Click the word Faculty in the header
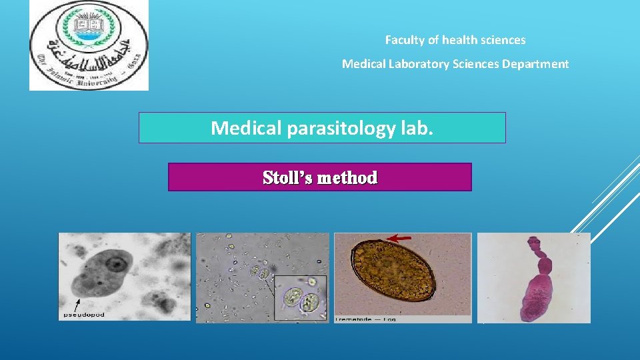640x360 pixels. (x=404, y=40)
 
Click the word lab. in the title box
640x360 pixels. (x=416, y=128)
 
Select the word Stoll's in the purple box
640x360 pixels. (x=288, y=178)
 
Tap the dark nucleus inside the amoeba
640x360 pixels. (x=118, y=264)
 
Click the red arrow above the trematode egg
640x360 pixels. (x=400, y=237)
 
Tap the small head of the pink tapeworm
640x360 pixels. (x=533, y=237)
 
